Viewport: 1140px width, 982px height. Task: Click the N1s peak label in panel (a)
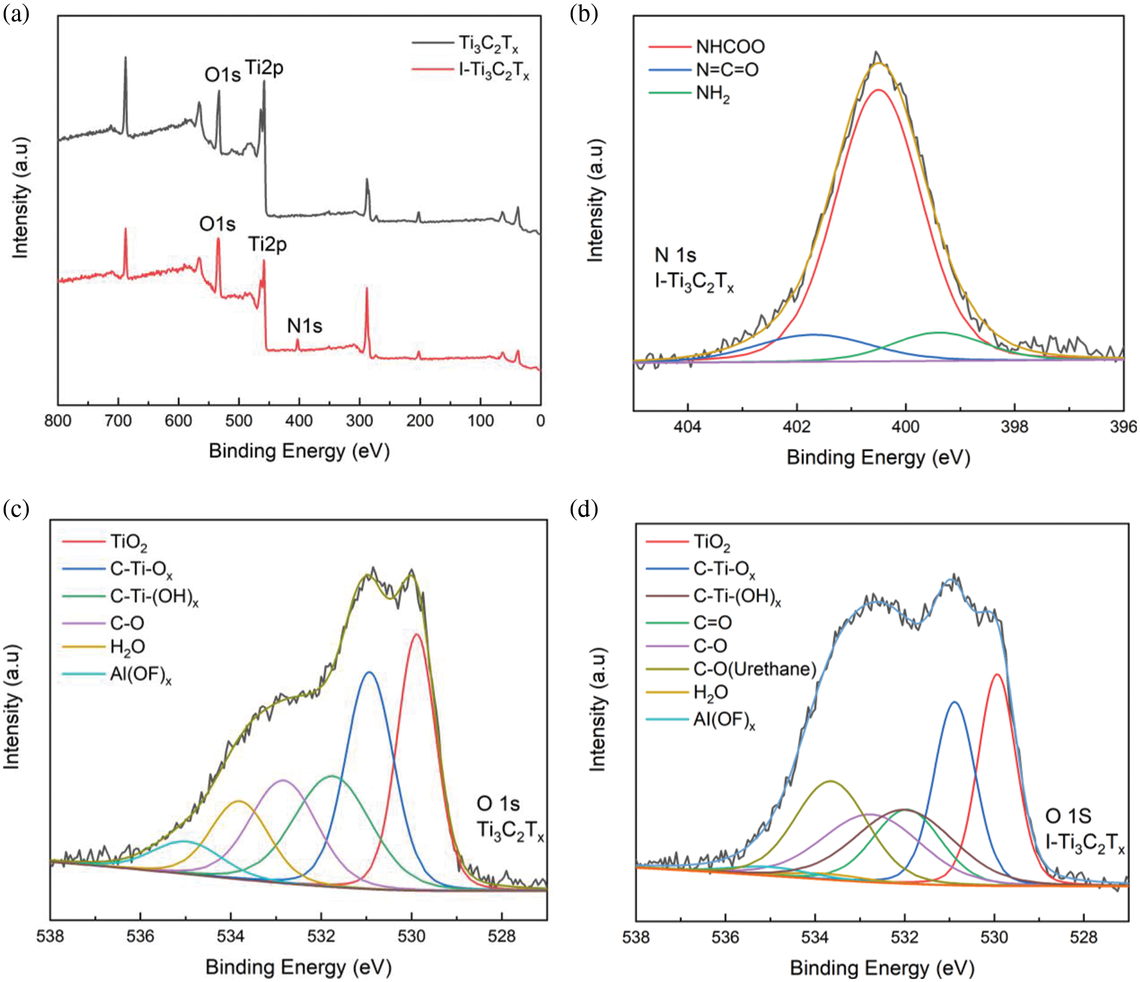tap(304, 326)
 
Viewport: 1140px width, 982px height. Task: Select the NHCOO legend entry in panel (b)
tap(730, 47)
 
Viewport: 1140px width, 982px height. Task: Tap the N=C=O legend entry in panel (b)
tap(727, 70)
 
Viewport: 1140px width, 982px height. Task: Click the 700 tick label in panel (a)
tap(118, 421)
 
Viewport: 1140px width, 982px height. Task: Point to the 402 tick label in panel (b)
tap(796, 427)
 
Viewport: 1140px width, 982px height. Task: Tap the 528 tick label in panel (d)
tap(1084, 937)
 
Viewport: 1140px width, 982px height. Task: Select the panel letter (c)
tap(16, 509)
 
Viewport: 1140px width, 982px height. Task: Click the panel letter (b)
tap(584, 13)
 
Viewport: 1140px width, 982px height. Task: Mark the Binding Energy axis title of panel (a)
tap(299, 451)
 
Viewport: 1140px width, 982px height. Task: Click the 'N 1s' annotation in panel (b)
tap(675, 255)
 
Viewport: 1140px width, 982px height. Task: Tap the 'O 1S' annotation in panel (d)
tap(1068, 816)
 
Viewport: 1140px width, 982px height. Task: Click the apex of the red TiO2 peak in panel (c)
tap(416, 634)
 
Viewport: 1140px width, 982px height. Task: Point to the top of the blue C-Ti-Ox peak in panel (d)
tap(954, 702)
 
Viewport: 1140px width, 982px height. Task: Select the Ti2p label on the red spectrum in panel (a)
tap(268, 244)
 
